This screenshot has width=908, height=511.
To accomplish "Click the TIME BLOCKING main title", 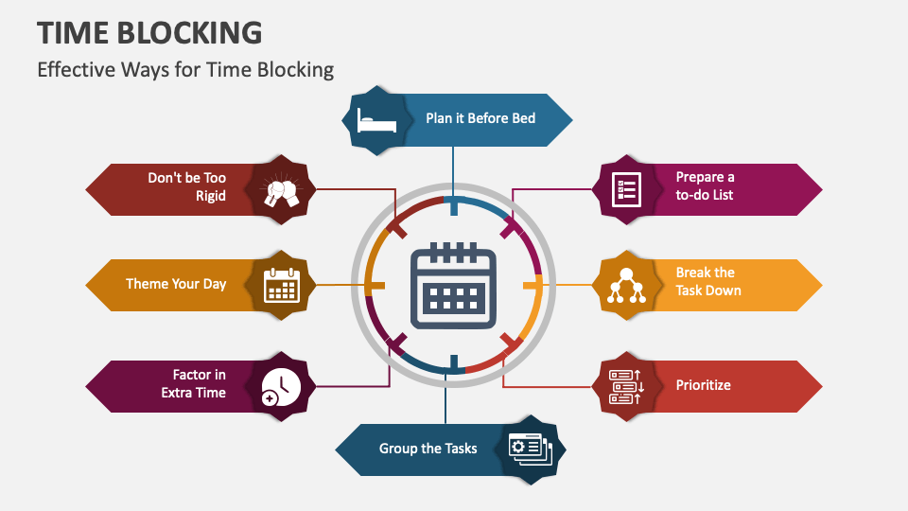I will coord(149,32).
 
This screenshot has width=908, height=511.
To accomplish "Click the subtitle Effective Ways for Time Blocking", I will coord(185,69).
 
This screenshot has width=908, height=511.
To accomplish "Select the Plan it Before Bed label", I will coord(480,118).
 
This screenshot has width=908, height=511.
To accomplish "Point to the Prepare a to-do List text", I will coord(705,185).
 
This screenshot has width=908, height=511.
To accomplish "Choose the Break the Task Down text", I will coord(707,281).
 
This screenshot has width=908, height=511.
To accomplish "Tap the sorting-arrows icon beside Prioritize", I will coord(626,386).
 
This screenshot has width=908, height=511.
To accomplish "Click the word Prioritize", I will coord(703,385).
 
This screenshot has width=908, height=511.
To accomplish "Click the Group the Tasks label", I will coord(428,449).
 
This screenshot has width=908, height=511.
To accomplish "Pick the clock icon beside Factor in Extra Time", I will coord(281,385).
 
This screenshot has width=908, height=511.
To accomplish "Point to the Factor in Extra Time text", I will coord(194,383).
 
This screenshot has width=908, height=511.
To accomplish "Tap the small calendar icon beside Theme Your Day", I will coord(281,284).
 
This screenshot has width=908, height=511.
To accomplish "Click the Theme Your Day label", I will coord(176,284).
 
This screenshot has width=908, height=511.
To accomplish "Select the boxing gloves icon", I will coord(281,189).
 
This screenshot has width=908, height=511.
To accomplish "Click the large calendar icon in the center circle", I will coord(453,285).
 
